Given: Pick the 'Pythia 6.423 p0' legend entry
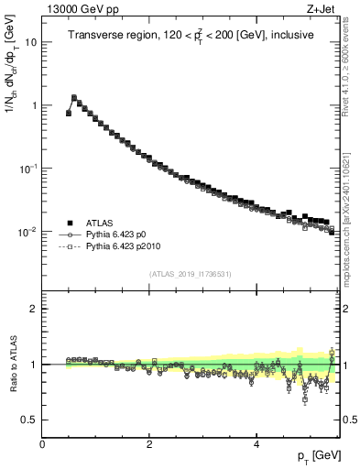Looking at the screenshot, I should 120,234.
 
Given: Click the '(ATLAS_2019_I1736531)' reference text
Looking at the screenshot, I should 191,274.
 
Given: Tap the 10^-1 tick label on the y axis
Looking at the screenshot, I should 27,169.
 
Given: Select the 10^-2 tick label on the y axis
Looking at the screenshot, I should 27,232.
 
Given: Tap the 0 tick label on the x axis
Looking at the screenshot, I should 42,443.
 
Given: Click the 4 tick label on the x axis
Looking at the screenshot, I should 256,443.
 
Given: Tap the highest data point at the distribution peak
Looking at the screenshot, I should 74,97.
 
